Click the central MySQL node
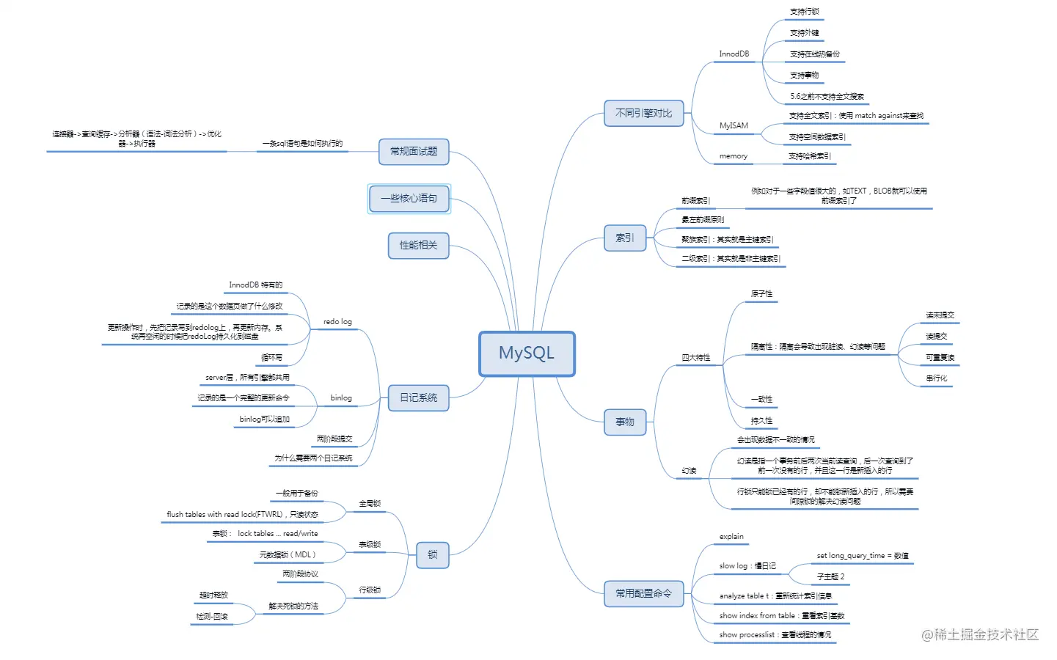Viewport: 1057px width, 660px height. click(x=527, y=353)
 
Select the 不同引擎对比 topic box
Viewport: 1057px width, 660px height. click(x=643, y=114)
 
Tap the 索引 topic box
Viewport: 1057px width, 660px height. click(x=624, y=238)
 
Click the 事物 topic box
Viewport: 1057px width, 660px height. click(x=625, y=422)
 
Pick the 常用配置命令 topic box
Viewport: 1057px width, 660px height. click(x=643, y=593)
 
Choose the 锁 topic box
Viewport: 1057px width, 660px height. click(x=432, y=554)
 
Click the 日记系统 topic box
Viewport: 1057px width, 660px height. click(x=418, y=397)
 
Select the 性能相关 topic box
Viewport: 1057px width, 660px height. click(x=418, y=245)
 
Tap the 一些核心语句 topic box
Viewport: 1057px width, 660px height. click(x=409, y=199)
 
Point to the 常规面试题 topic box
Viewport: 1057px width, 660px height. click(x=414, y=151)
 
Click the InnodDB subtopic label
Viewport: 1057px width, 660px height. click(x=734, y=54)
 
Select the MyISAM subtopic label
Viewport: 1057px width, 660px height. click(x=734, y=125)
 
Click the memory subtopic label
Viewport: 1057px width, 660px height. click(x=733, y=156)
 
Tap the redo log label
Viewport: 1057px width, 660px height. click(x=337, y=322)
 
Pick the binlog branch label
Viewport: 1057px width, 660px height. click(x=341, y=398)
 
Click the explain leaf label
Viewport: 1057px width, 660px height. click(x=731, y=537)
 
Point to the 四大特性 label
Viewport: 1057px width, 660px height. click(x=695, y=358)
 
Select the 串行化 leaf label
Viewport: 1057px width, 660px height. click(x=936, y=378)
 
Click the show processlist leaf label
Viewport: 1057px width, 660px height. click(x=775, y=635)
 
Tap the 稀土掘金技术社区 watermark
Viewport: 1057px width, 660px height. click(x=980, y=635)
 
